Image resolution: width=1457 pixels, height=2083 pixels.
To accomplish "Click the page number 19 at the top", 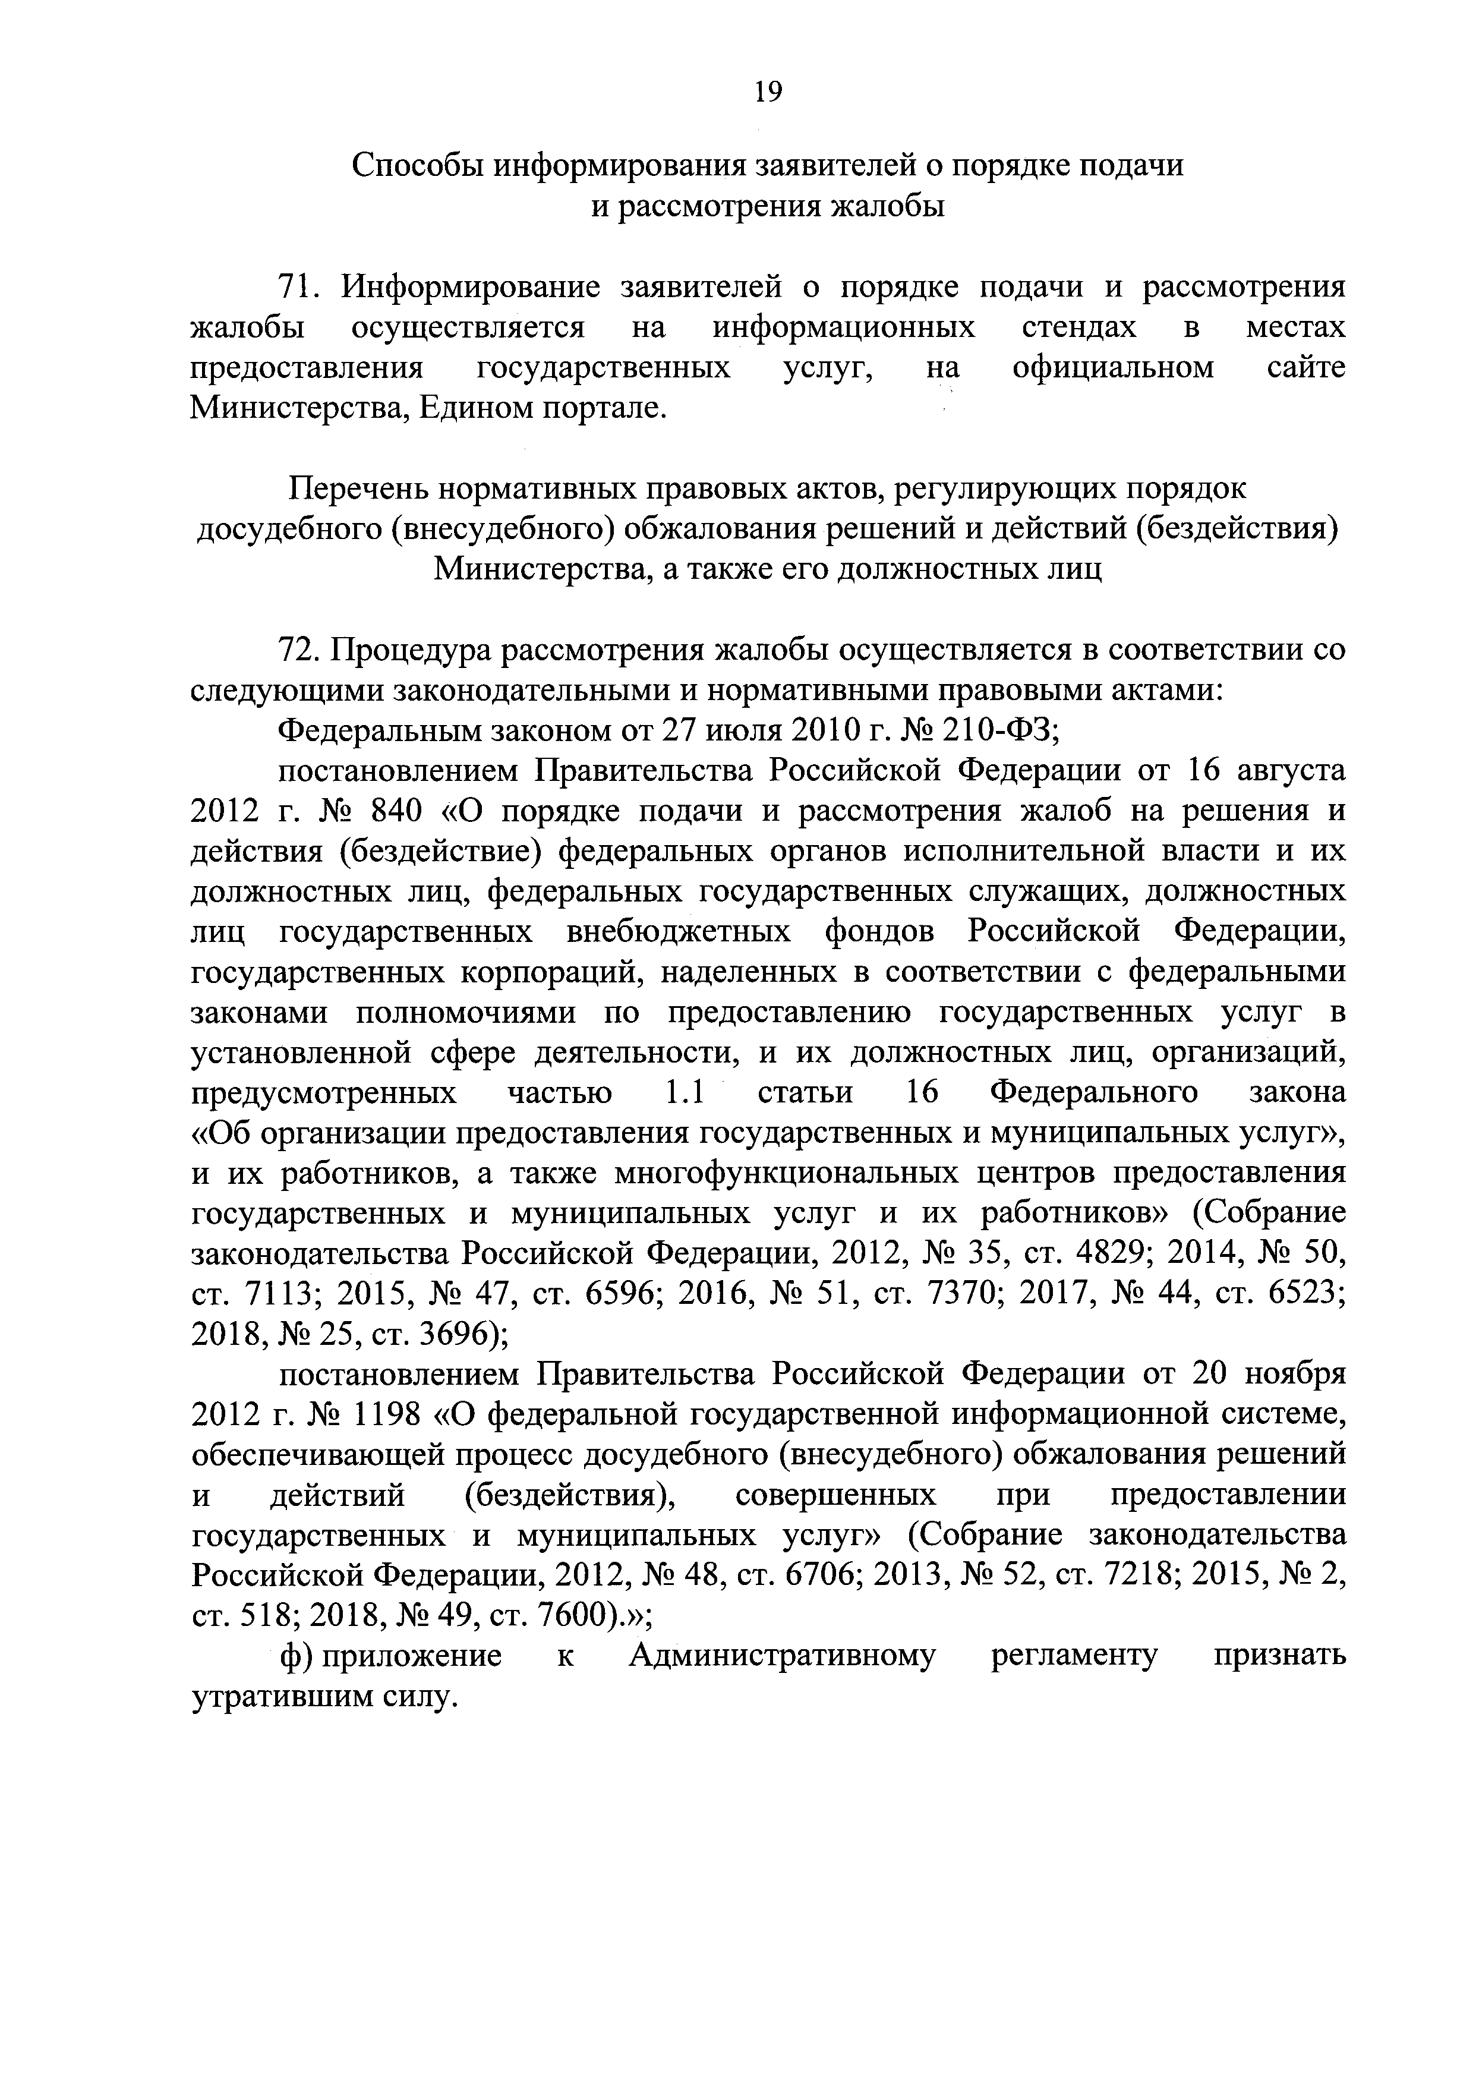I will (767, 92).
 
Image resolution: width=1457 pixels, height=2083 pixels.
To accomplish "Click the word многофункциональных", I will (786, 1173).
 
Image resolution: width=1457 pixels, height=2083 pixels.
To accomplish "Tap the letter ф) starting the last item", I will (296, 1657).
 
